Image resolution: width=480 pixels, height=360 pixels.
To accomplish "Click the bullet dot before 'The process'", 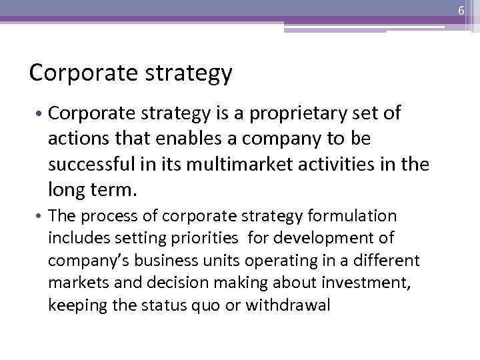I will pyautogui.click(x=41, y=217).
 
